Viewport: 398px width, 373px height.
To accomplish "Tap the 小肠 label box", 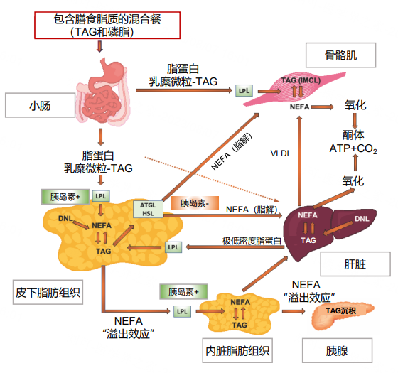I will coord(40,106).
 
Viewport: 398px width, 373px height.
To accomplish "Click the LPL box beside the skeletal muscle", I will coord(244,91).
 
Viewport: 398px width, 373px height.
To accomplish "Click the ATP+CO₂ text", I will coord(353,148).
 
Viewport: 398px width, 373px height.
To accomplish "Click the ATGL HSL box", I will coord(149,208).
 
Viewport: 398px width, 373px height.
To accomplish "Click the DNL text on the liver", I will coord(361,218).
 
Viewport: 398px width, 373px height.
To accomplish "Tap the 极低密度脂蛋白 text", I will coord(252,241).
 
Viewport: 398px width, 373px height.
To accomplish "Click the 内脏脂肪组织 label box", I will coord(237,351).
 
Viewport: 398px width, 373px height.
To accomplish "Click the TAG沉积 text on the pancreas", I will coord(339,310).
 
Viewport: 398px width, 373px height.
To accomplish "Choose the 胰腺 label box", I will coord(337,351).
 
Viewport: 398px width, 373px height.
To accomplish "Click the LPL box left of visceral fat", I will coord(181,311).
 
